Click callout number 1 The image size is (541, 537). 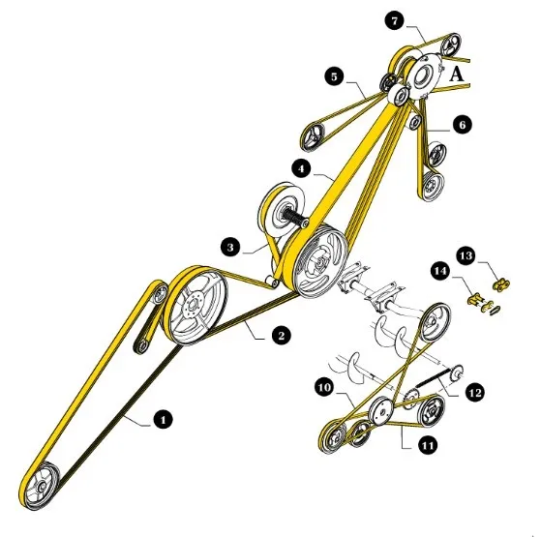point(163,419)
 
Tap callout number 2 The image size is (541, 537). point(281,335)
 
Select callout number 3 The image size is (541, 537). point(230,247)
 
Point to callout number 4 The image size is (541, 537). point(302,169)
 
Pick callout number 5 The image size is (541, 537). point(334,76)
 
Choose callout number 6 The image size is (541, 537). point(462,124)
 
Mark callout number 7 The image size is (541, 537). point(395,21)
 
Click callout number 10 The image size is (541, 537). point(324,387)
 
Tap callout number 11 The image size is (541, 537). point(427,446)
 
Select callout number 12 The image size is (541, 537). point(475,393)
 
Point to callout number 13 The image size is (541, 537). point(466,255)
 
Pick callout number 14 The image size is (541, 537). point(440,271)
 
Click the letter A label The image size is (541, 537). point(457,74)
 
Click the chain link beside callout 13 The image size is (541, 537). point(501,284)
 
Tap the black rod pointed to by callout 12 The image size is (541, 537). point(433,377)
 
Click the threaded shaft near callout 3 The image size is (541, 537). point(293,218)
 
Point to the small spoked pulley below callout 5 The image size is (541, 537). point(313,136)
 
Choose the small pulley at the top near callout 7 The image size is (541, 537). point(451,45)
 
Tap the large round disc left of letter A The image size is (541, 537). point(424,75)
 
